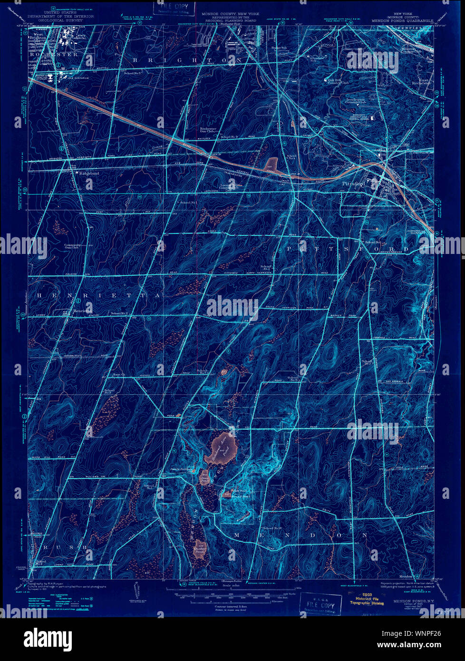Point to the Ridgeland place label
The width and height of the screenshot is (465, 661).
tap(89, 174)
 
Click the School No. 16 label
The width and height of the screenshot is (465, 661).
tap(271, 528)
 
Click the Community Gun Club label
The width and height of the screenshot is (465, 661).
tap(73, 247)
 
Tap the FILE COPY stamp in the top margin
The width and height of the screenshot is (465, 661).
tap(174, 8)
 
